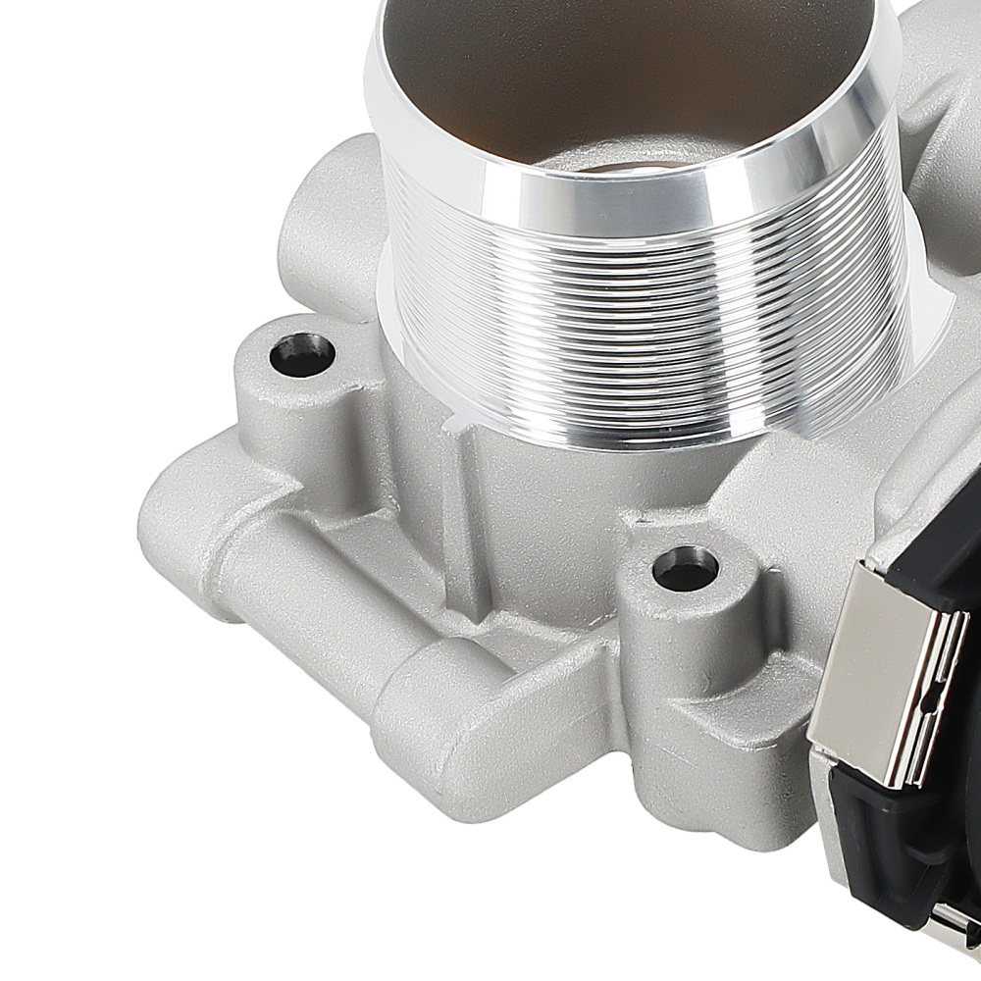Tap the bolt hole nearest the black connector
[x=685, y=569]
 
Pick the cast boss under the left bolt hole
[x=284, y=422]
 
